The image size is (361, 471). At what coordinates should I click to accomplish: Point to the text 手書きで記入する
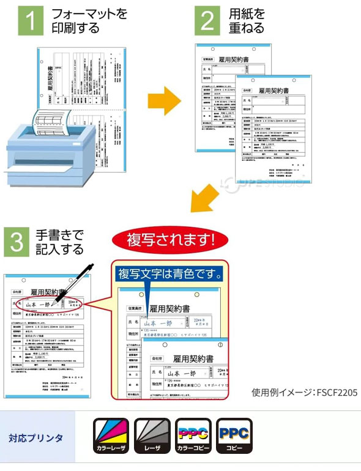coord(59,242)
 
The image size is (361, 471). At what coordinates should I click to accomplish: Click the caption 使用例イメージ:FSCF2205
coord(304,392)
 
